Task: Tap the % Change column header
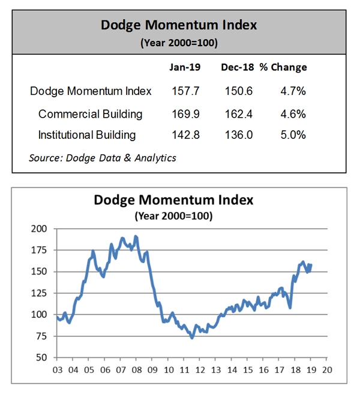[283, 67]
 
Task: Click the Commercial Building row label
[90, 114]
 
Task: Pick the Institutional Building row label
[87, 135]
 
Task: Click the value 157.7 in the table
[185, 91]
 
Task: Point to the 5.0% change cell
[293, 135]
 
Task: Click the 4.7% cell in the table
[293, 91]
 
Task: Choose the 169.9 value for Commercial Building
[185, 114]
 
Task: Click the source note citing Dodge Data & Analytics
[103, 158]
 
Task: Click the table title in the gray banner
[179, 25]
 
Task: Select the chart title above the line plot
[174, 200]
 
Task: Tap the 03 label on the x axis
[57, 369]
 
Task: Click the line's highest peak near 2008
[135, 236]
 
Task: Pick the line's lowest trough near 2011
[191, 338]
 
